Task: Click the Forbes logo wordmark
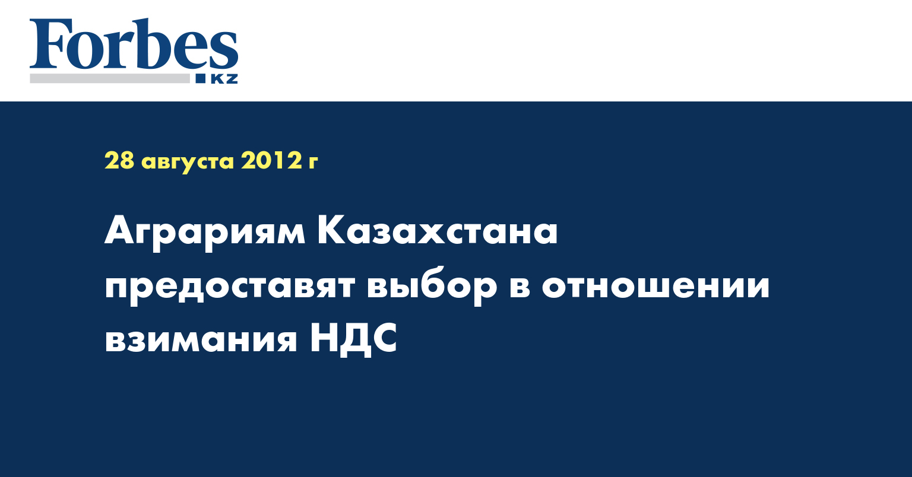click(134, 44)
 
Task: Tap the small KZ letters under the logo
click(224, 78)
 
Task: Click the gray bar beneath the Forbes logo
click(109, 78)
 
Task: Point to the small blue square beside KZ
click(201, 78)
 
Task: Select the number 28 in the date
click(119, 160)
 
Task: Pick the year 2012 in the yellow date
click(270, 160)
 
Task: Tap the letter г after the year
click(313, 163)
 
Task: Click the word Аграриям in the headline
click(205, 233)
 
